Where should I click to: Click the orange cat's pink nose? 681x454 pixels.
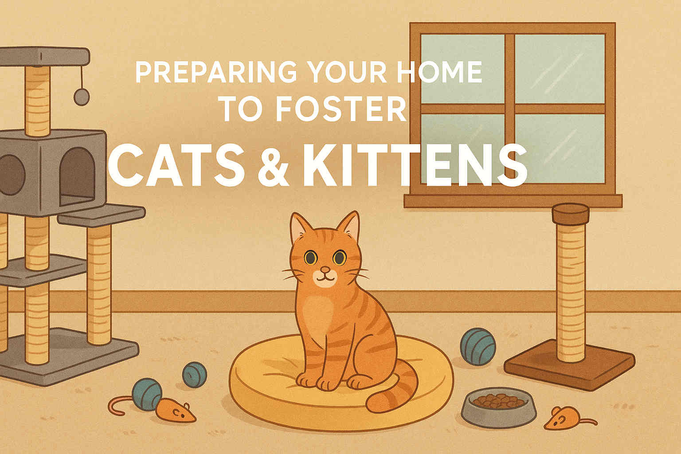[325, 270]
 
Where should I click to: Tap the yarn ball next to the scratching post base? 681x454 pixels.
[477, 346]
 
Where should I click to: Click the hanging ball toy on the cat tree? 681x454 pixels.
[81, 96]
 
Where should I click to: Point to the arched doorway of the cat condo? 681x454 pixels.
[77, 176]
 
